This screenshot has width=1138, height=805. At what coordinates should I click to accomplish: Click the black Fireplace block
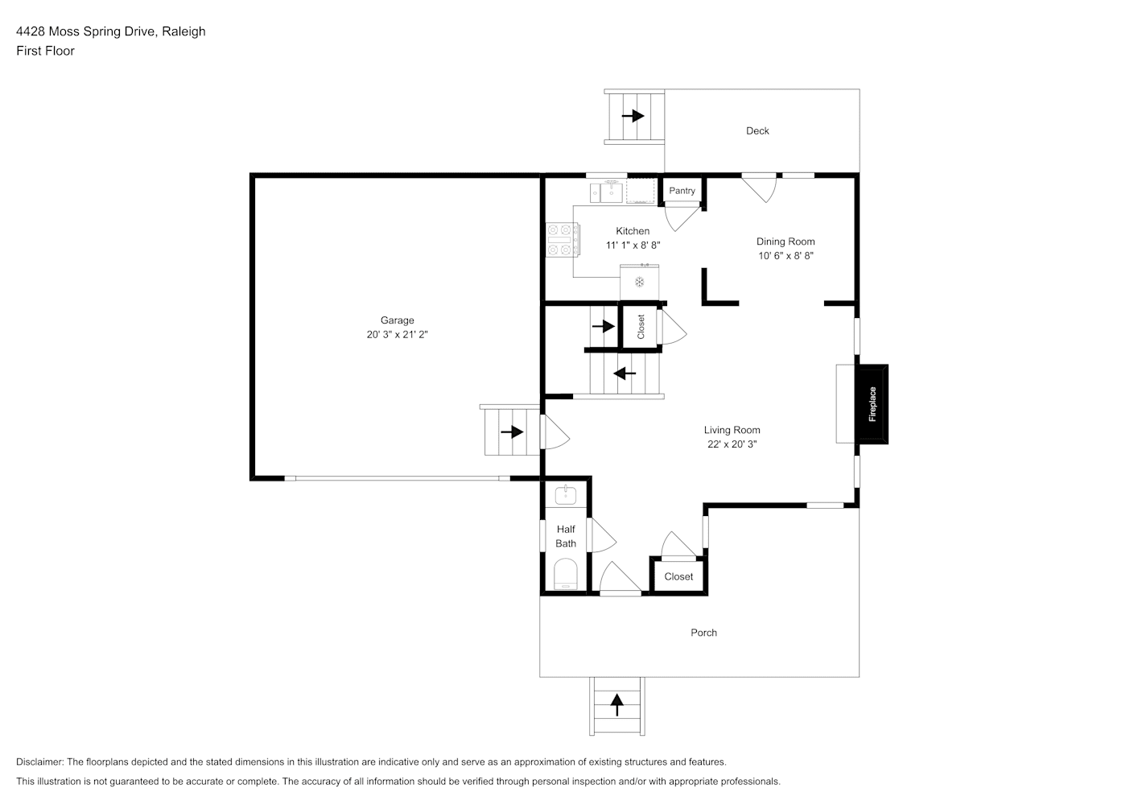[872, 404]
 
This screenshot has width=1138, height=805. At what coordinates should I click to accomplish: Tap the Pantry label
[682, 191]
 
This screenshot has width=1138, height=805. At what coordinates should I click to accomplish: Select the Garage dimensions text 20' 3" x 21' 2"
[398, 334]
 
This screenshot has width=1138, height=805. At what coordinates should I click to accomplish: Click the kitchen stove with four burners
[563, 239]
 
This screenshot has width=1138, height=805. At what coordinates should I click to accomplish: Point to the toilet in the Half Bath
[566, 574]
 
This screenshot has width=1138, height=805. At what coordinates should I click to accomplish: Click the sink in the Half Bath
[566, 494]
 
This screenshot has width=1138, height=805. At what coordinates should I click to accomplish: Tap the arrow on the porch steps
[616, 705]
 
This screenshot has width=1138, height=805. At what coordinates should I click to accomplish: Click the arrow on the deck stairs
[633, 116]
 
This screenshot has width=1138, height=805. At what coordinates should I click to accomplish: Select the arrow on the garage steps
[512, 432]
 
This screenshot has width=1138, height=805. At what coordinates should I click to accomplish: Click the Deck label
[757, 131]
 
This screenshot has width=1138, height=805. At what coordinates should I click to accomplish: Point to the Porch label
[703, 633]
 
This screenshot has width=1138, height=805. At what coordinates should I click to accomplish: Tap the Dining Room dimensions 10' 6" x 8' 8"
[785, 256]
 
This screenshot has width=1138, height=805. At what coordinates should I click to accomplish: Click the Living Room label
[732, 430]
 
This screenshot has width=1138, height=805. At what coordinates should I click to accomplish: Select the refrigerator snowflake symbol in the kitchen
[640, 282]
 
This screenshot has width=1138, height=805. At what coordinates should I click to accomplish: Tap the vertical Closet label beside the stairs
[641, 327]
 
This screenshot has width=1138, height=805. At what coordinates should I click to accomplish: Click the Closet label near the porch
[678, 577]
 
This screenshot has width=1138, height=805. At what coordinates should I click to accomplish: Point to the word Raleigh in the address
[184, 31]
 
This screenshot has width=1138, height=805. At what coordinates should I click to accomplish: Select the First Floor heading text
[45, 51]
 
